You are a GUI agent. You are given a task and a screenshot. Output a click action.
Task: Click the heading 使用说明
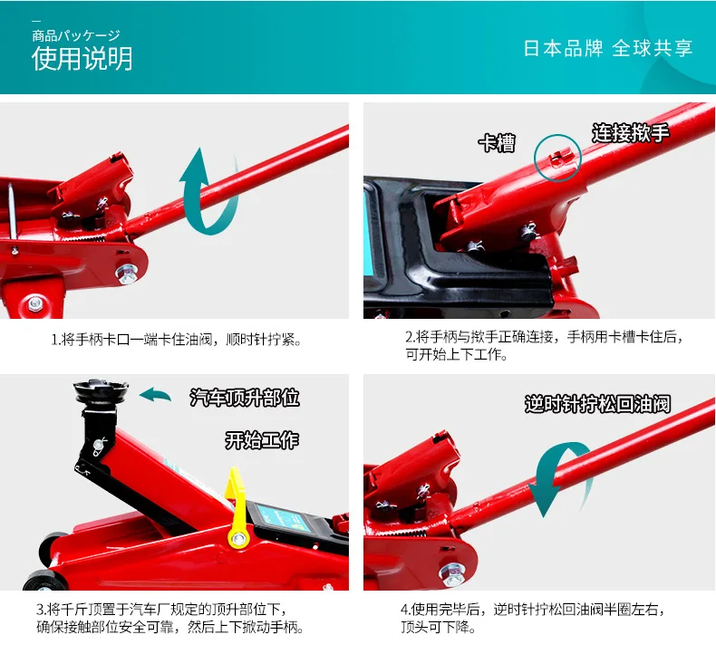click(x=82, y=59)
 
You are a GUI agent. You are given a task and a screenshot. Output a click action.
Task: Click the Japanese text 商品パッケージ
click(x=76, y=35)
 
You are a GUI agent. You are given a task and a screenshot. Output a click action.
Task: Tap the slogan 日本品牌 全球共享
click(x=608, y=48)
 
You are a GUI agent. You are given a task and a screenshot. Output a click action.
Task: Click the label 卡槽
click(x=498, y=143)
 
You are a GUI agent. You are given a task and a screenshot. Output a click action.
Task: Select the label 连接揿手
click(x=631, y=133)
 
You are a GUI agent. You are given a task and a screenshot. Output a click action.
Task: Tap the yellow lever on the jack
click(x=237, y=506)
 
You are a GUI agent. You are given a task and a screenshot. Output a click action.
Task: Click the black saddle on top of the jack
click(x=101, y=391)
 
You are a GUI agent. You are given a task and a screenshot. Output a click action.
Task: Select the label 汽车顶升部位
click(x=245, y=398)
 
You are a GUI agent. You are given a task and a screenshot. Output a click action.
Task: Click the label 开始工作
click(x=262, y=440)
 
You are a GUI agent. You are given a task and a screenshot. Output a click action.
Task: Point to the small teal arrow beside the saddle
click(x=155, y=394)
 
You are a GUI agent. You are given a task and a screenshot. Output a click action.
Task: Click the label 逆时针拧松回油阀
click(x=598, y=404)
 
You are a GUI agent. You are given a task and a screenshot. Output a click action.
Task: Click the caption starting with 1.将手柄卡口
click(x=176, y=340)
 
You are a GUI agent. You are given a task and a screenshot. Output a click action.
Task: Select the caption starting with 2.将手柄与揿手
click(x=545, y=345)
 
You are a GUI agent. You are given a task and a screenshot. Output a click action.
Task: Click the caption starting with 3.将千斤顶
click(x=169, y=618)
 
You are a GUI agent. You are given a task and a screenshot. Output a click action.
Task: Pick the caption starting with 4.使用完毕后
click(x=533, y=618)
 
